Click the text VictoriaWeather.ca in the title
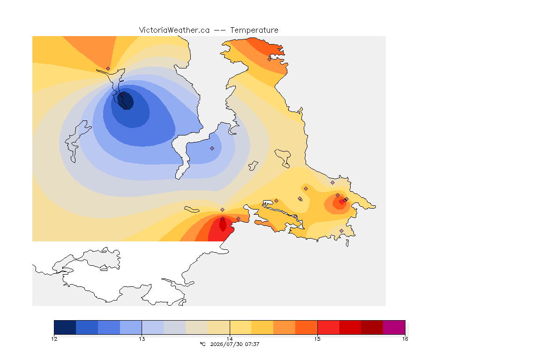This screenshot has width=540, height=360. coord(174,30)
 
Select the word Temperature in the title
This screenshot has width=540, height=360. coord(254,30)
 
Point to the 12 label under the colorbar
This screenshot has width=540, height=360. coord(54,339)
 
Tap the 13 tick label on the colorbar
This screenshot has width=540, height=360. coord(142,339)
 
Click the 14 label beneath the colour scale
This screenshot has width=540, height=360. coord(230,339)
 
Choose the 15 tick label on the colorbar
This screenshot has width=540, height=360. coord(317,339)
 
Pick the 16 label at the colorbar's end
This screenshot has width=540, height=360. coord(405,339)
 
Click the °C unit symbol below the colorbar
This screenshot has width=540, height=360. coord(202,344)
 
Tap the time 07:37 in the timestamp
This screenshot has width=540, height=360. coord(252,344)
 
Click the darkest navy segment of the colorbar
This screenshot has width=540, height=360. coord(65,327)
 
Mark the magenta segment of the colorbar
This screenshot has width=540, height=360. coord(394,327)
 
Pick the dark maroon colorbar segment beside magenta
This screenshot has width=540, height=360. coord(372,327)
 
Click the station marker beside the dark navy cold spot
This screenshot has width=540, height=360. coord(122,94)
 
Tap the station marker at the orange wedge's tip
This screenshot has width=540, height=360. coord(108,68)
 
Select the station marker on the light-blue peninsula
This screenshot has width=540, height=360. coord(212,148)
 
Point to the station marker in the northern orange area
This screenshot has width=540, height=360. coord(270,59)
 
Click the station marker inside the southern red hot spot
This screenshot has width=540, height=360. coord(223,219)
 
